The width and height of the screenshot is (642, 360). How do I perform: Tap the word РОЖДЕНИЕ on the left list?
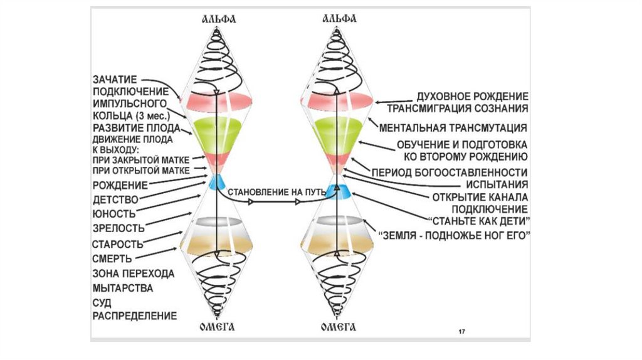click(120, 185)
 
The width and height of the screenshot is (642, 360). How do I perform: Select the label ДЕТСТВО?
click(115, 199)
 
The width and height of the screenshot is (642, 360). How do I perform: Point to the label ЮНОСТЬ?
click(114, 213)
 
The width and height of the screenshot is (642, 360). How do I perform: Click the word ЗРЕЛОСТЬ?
click(118, 228)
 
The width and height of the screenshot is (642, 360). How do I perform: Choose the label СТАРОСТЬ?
click(118, 243)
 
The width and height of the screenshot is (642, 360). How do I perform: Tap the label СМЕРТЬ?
click(112, 258)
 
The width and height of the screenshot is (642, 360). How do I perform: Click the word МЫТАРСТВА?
click(123, 288)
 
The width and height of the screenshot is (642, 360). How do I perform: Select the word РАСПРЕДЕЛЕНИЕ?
click(134, 315)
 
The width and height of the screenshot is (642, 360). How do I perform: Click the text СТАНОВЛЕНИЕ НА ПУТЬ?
click(270, 190)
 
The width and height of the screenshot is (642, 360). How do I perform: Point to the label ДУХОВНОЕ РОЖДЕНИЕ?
click(472, 97)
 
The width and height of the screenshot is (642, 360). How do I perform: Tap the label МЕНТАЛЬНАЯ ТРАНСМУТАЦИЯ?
click(452, 127)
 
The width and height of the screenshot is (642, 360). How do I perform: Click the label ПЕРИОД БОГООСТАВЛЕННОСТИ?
click(448, 172)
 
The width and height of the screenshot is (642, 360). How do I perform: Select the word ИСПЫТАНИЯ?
click(495, 185)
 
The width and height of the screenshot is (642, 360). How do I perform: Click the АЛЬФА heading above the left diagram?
click(216, 19)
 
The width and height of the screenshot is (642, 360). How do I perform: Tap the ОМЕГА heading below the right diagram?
click(339, 327)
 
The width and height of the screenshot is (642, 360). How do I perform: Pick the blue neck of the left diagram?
click(216, 183)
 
